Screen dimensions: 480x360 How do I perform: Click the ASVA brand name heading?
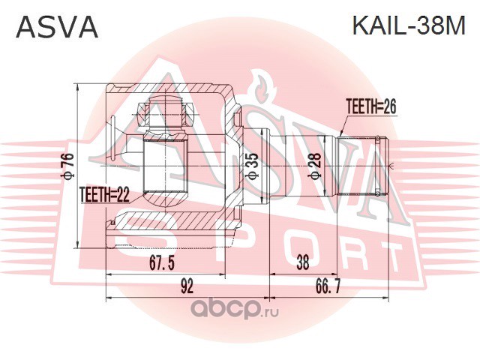(57, 27)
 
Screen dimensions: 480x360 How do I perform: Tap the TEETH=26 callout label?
(371, 106)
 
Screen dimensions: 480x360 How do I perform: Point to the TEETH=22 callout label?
(105, 195)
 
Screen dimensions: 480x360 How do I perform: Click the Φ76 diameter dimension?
(68, 166)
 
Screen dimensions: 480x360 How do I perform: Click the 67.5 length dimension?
(162, 262)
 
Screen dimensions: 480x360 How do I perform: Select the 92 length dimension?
(187, 286)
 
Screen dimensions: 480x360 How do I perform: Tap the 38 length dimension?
(303, 262)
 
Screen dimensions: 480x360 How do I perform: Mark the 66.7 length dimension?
(328, 286)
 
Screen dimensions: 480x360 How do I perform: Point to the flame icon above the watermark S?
(262, 87)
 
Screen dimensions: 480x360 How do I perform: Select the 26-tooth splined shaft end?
(362, 166)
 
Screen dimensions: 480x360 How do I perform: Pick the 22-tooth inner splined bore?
(165, 166)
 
